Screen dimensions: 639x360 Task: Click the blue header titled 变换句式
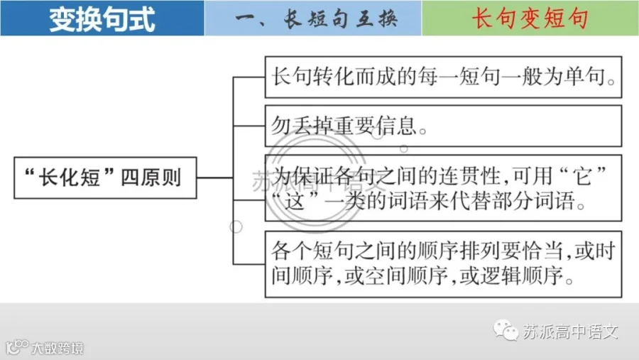click(102, 18)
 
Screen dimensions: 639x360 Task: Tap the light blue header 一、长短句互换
click(313, 18)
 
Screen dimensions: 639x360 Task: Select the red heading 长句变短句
click(530, 18)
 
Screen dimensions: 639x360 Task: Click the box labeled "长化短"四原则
click(105, 178)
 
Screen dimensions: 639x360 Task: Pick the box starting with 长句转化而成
click(443, 77)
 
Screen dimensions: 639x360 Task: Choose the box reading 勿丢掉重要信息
click(443, 126)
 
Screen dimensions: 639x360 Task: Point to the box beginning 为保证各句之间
click(443, 188)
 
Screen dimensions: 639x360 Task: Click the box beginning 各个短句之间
click(443, 264)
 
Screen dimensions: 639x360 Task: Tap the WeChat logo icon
click(506, 330)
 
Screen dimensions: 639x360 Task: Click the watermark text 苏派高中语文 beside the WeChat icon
click(571, 332)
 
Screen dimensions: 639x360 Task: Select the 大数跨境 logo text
click(58, 348)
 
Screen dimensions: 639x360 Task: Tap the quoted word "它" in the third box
click(584, 175)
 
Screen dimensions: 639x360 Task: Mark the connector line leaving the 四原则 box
click(214, 178)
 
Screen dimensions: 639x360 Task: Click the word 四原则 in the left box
click(151, 178)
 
